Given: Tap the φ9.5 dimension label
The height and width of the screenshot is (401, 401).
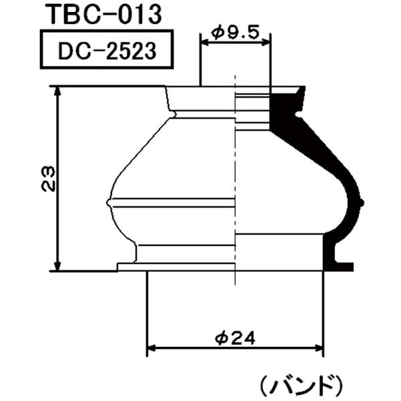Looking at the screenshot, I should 236,30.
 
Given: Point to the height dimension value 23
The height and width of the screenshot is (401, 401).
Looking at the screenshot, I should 47,179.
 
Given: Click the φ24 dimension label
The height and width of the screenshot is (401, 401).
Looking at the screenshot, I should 235,339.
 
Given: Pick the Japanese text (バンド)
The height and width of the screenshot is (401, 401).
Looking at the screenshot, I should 301,384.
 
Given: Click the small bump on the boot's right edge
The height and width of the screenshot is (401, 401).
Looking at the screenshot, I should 362,201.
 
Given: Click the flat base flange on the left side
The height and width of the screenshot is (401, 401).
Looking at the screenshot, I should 130,267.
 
